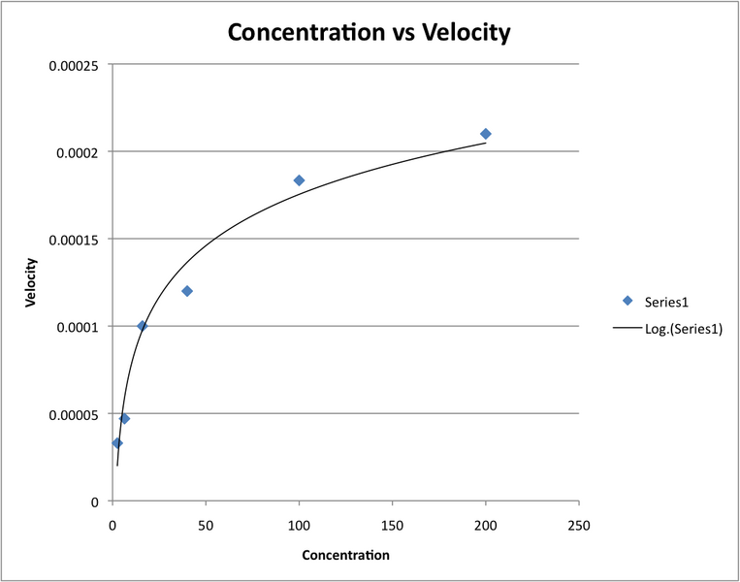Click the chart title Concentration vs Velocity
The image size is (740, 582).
click(368, 32)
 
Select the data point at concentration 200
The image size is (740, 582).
click(486, 134)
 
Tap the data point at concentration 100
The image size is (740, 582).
click(299, 180)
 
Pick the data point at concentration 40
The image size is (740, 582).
click(187, 291)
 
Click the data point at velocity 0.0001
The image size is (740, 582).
click(142, 326)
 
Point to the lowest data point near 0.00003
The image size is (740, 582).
click(117, 443)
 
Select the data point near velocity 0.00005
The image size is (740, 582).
click(124, 419)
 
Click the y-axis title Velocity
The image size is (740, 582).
click(31, 282)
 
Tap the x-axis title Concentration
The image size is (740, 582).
click(345, 556)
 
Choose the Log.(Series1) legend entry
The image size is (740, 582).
click(683, 329)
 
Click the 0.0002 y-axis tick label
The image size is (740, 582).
click(80, 152)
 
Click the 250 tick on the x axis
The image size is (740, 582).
click(579, 525)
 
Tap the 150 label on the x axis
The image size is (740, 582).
click(392, 525)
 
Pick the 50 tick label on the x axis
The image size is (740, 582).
click(206, 525)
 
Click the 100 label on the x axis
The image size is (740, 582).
click(299, 525)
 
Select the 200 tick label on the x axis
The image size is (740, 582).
click(486, 525)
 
